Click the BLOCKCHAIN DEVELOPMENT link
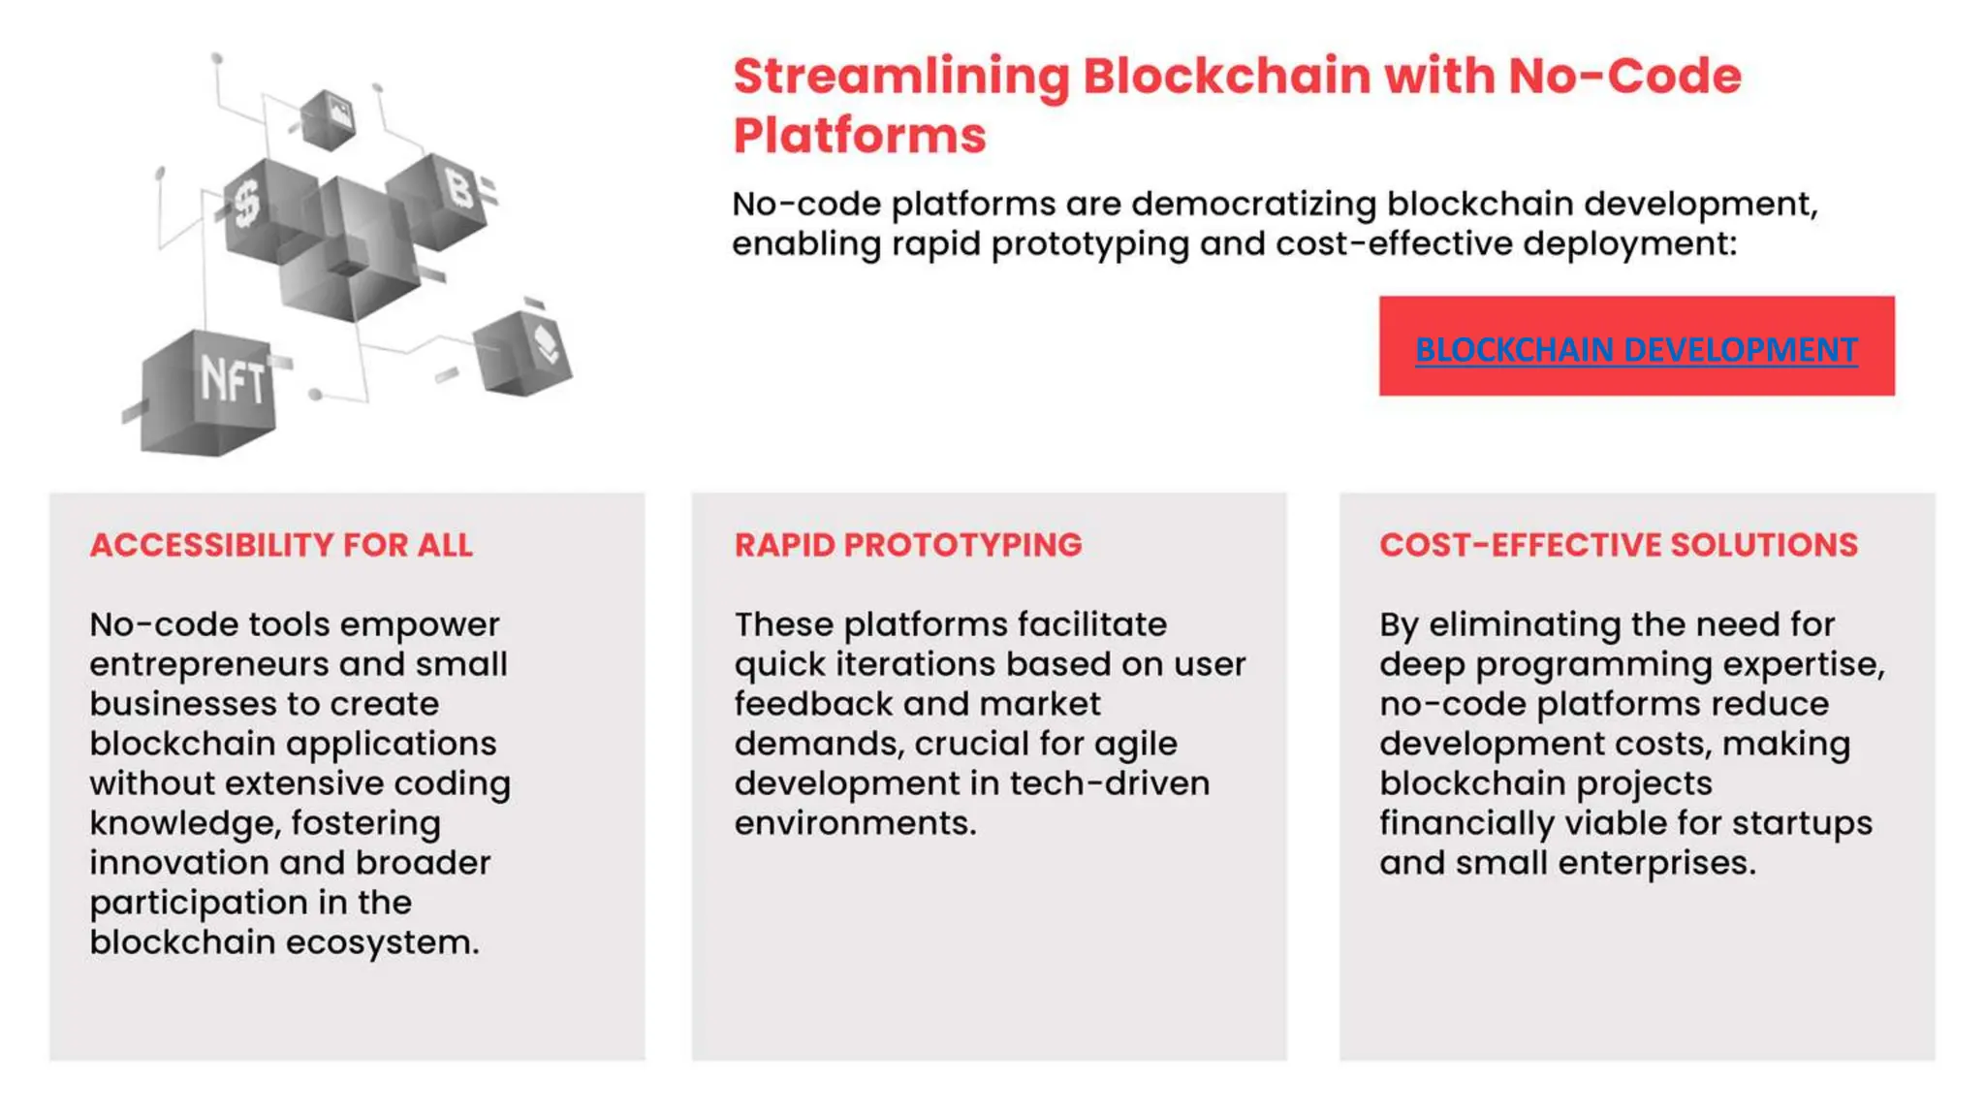pyautogui.click(x=1636, y=349)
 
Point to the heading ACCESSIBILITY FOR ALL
pyautogui.click(x=281, y=545)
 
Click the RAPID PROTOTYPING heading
pyautogui.click(x=908, y=545)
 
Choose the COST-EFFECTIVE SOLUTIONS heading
pyautogui.click(x=1619, y=545)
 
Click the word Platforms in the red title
pyautogui.click(x=860, y=135)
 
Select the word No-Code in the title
pyautogui.click(x=1625, y=77)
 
